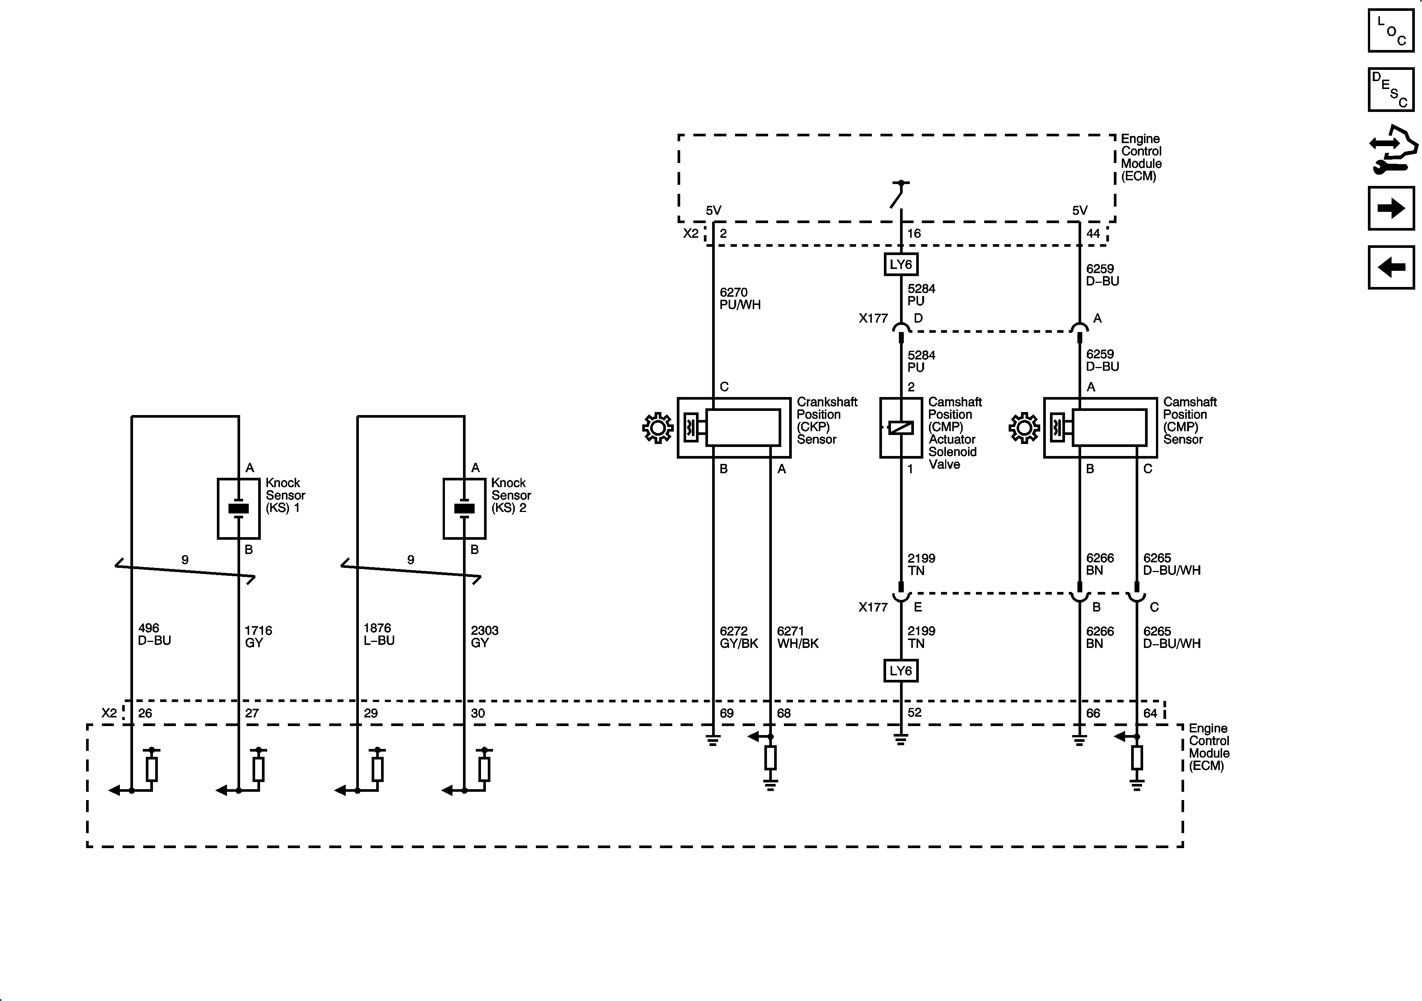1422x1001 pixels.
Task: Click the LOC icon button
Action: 1391,30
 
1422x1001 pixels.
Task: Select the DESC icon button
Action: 1391,90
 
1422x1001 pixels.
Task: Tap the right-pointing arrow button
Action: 1391,208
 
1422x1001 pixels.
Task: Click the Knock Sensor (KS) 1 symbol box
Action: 239,508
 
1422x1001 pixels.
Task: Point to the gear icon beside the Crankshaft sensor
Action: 658,428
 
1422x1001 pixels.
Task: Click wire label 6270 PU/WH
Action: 740,298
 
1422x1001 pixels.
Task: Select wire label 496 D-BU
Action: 154,634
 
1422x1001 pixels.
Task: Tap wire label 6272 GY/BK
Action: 738,637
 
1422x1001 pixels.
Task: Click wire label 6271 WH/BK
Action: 798,637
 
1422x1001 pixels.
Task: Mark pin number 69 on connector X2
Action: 726,713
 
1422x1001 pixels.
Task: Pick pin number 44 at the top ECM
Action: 1093,233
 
